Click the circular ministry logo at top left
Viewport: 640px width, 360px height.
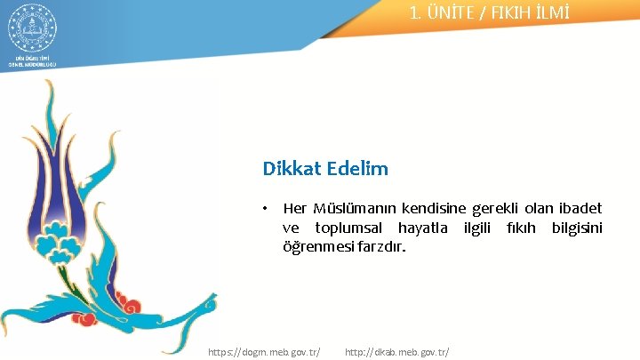pyautogui.click(x=32, y=28)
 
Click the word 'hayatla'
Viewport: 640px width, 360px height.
pyautogui.click(x=425, y=228)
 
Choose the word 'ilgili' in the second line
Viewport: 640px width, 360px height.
pyautogui.click(x=484, y=228)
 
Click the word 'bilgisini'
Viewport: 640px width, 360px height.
pyautogui.click(x=577, y=228)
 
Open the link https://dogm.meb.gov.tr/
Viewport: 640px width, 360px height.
pyautogui.click(x=264, y=352)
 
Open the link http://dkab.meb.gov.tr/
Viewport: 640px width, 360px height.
pyautogui.click(x=396, y=352)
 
